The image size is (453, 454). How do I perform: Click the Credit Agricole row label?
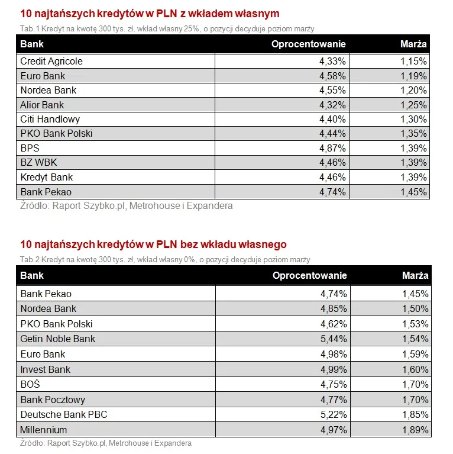[x=51, y=62]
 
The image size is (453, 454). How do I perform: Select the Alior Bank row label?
[x=42, y=105]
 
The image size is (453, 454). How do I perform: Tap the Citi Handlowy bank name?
[x=50, y=119]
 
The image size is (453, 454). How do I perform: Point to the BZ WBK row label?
[x=38, y=162]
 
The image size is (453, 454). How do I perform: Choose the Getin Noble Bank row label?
[x=57, y=339]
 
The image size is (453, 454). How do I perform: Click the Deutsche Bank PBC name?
[x=63, y=414]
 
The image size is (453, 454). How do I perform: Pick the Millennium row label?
[x=44, y=430]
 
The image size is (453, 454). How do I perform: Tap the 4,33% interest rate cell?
[x=332, y=62]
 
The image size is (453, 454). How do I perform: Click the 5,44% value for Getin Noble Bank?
[x=334, y=339]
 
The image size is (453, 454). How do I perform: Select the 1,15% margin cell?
[x=413, y=62]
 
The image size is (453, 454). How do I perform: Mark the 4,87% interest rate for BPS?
[x=332, y=148]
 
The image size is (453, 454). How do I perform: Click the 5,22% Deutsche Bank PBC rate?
[x=334, y=414]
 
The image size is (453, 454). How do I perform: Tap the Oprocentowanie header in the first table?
[x=308, y=44]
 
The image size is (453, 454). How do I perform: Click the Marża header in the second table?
[x=415, y=276]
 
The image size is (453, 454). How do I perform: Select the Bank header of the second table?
[x=32, y=276]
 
